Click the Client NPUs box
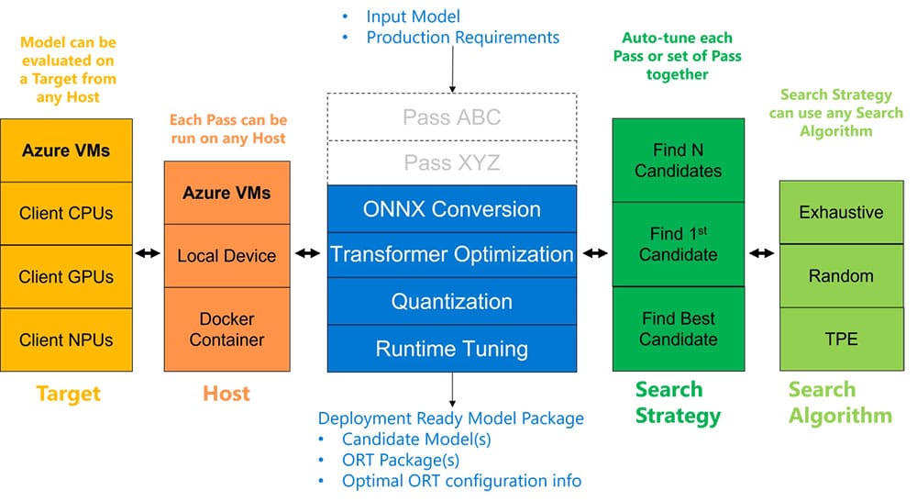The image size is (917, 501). [x=66, y=340]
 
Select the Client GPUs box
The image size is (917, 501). [x=66, y=277]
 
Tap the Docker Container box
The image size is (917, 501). [x=226, y=329]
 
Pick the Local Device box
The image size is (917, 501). [x=226, y=256]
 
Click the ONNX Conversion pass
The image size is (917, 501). [x=452, y=209]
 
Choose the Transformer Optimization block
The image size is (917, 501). [x=452, y=254]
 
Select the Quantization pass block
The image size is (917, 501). [x=452, y=301]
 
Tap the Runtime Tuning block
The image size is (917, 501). [x=452, y=349]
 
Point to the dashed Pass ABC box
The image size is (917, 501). [x=452, y=117]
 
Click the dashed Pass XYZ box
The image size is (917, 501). [x=452, y=162]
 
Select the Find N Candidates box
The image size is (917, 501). [x=679, y=161]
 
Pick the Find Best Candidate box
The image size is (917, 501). [x=679, y=328]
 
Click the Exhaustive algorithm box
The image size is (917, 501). [x=842, y=212]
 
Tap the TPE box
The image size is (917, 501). [x=842, y=339]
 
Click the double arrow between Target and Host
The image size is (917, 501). [x=148, y=253]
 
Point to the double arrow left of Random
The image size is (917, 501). [x=762, y=253]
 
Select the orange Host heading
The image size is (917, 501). [x=226, y=394]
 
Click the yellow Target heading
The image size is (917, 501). [x=69, y=394]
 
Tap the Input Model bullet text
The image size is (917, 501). [x=413, y=17]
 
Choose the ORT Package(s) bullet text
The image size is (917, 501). [x=401, y=460]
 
